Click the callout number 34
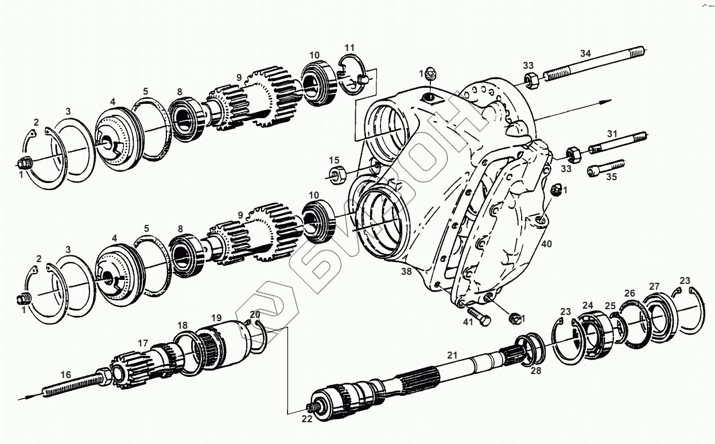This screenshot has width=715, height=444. click(x=585, y=54)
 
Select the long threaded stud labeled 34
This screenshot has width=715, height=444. click(x=594, y=64)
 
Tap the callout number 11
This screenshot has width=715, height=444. click(x=349, y=46)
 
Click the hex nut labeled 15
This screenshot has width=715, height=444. click(x=336, y=173)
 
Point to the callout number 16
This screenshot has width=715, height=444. click(x=66, y=375)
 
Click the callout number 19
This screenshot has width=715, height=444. click(x=216, y=317)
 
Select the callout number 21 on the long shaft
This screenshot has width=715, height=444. click(x=452, y=356)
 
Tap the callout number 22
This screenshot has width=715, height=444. click(x=307, y=419)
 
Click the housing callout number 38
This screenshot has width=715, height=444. click(x=406, y=272)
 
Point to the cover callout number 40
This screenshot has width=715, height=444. click(x=546, y=244)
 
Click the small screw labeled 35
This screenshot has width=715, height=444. click(x=605, y=168)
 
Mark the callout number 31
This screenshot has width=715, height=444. click(x=612, y=134)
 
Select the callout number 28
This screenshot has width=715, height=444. click(x=535, y=371)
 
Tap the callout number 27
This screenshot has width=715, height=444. click(x=654, y=286)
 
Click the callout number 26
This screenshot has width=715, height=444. click(x=629, y=293)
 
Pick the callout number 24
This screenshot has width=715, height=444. click(x=588, y=305)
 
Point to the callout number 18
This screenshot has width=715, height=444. click(x=182, y=325)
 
